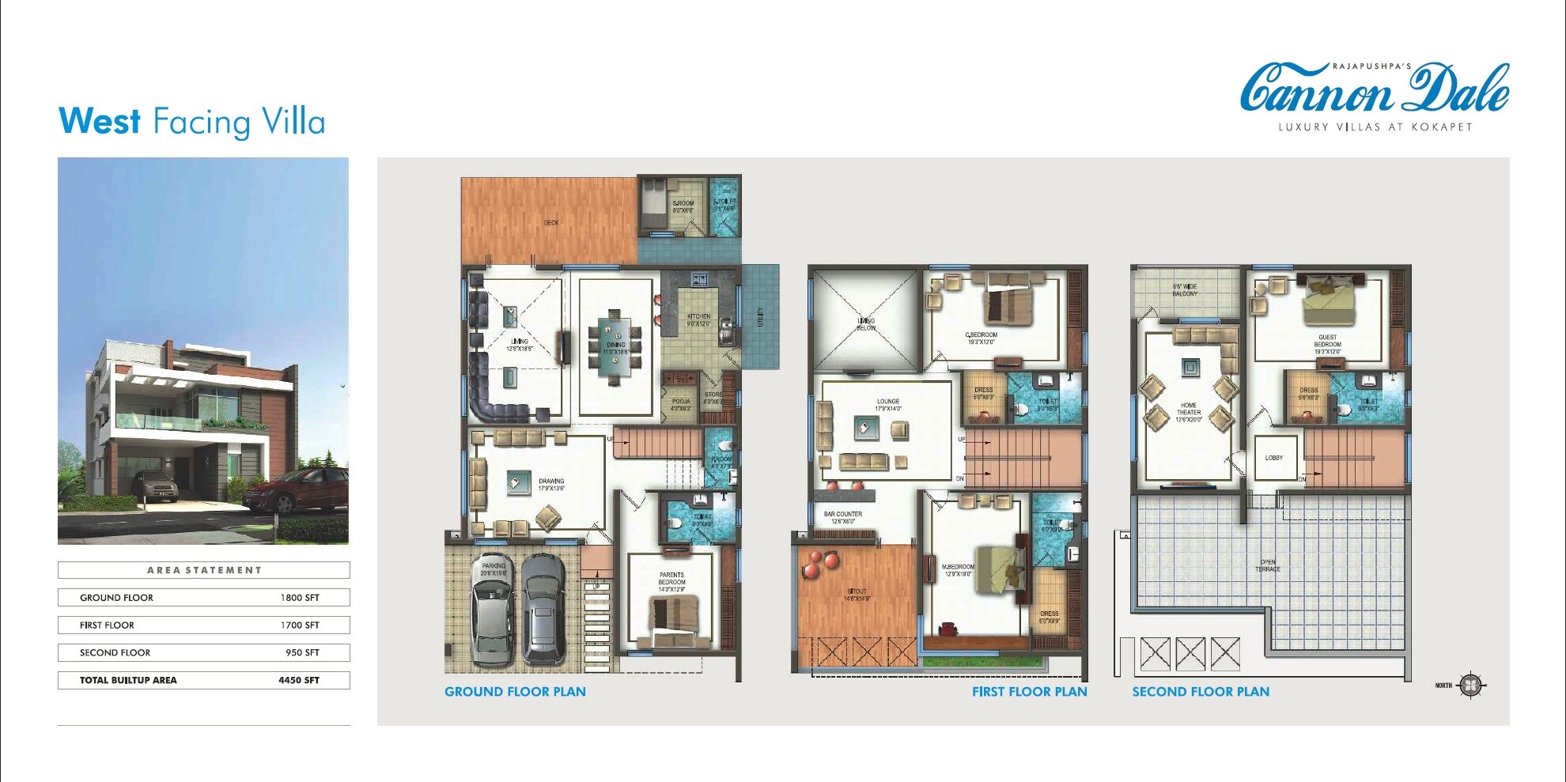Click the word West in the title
(x=100, y=122)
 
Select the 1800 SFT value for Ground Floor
(x=300, y=598)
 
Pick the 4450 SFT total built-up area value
(x=299, y=680)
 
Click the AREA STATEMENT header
(x=204, y=570)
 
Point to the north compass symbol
(x=1470, y=685)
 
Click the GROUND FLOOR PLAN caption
(x=515, y=692)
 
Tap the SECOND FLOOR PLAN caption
(x=1200, y=692)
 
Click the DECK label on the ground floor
(x=551, y=223)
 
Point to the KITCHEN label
(x=698, y=317)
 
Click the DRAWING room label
(x=551, y=482)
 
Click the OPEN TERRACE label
(x=1267, y=565)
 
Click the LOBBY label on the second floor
(x=1273, y=458)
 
